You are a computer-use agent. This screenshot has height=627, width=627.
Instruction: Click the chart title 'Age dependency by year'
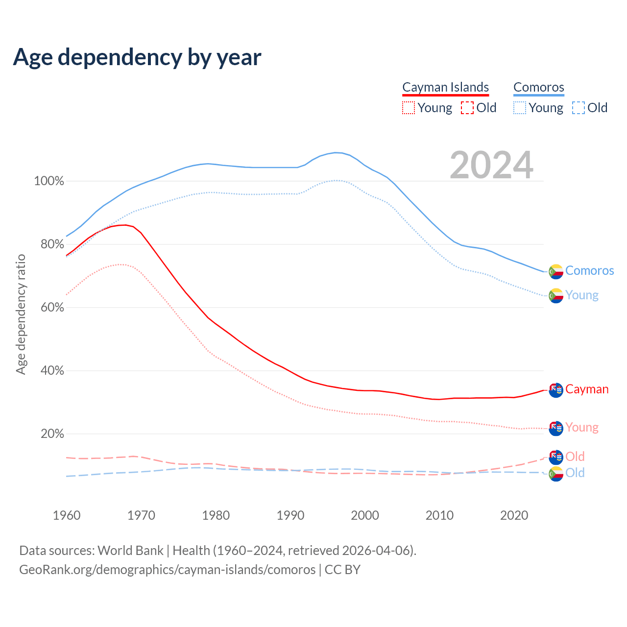(x=137, y=57)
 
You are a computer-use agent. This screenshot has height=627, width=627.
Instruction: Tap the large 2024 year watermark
(x=491, y=166)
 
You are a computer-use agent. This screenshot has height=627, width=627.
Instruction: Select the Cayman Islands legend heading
(x=445, y=87)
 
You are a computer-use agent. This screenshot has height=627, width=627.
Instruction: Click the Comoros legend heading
(x=538, y=87)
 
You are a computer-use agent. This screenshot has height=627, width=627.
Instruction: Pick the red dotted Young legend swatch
(x=409, y=108)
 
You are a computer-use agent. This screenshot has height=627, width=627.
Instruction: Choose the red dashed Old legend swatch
(x=467, y=108)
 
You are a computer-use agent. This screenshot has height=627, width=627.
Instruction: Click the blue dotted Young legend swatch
(x=520, y=108)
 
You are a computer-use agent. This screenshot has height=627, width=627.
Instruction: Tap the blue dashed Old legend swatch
(x=579, y=108)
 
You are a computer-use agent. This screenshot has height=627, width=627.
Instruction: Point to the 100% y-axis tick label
(x=49, y=181)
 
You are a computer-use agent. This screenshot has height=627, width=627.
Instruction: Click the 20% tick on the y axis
(x=52, y=434)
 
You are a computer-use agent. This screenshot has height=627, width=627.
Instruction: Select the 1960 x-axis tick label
(x=67, y=515)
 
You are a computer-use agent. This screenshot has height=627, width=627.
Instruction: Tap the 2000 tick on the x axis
(x=365, y=515)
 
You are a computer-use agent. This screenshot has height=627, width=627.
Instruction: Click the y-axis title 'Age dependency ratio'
(x=21, y=314)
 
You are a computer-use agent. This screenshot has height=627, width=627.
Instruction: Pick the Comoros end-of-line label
(x=589, y=270)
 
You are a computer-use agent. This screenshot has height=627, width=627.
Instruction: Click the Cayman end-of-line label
(x=587, y=389)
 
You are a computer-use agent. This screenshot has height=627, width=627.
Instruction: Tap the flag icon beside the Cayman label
(x=556, y=390)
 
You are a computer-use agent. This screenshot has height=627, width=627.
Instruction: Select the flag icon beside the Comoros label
(x=556, y=271)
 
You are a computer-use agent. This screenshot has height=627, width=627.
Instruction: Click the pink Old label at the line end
(x=575, y=457)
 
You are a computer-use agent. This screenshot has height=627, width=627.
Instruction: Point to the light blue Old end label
(x=575, y=473)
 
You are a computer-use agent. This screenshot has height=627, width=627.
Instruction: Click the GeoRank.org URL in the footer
(x=168, y=570)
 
